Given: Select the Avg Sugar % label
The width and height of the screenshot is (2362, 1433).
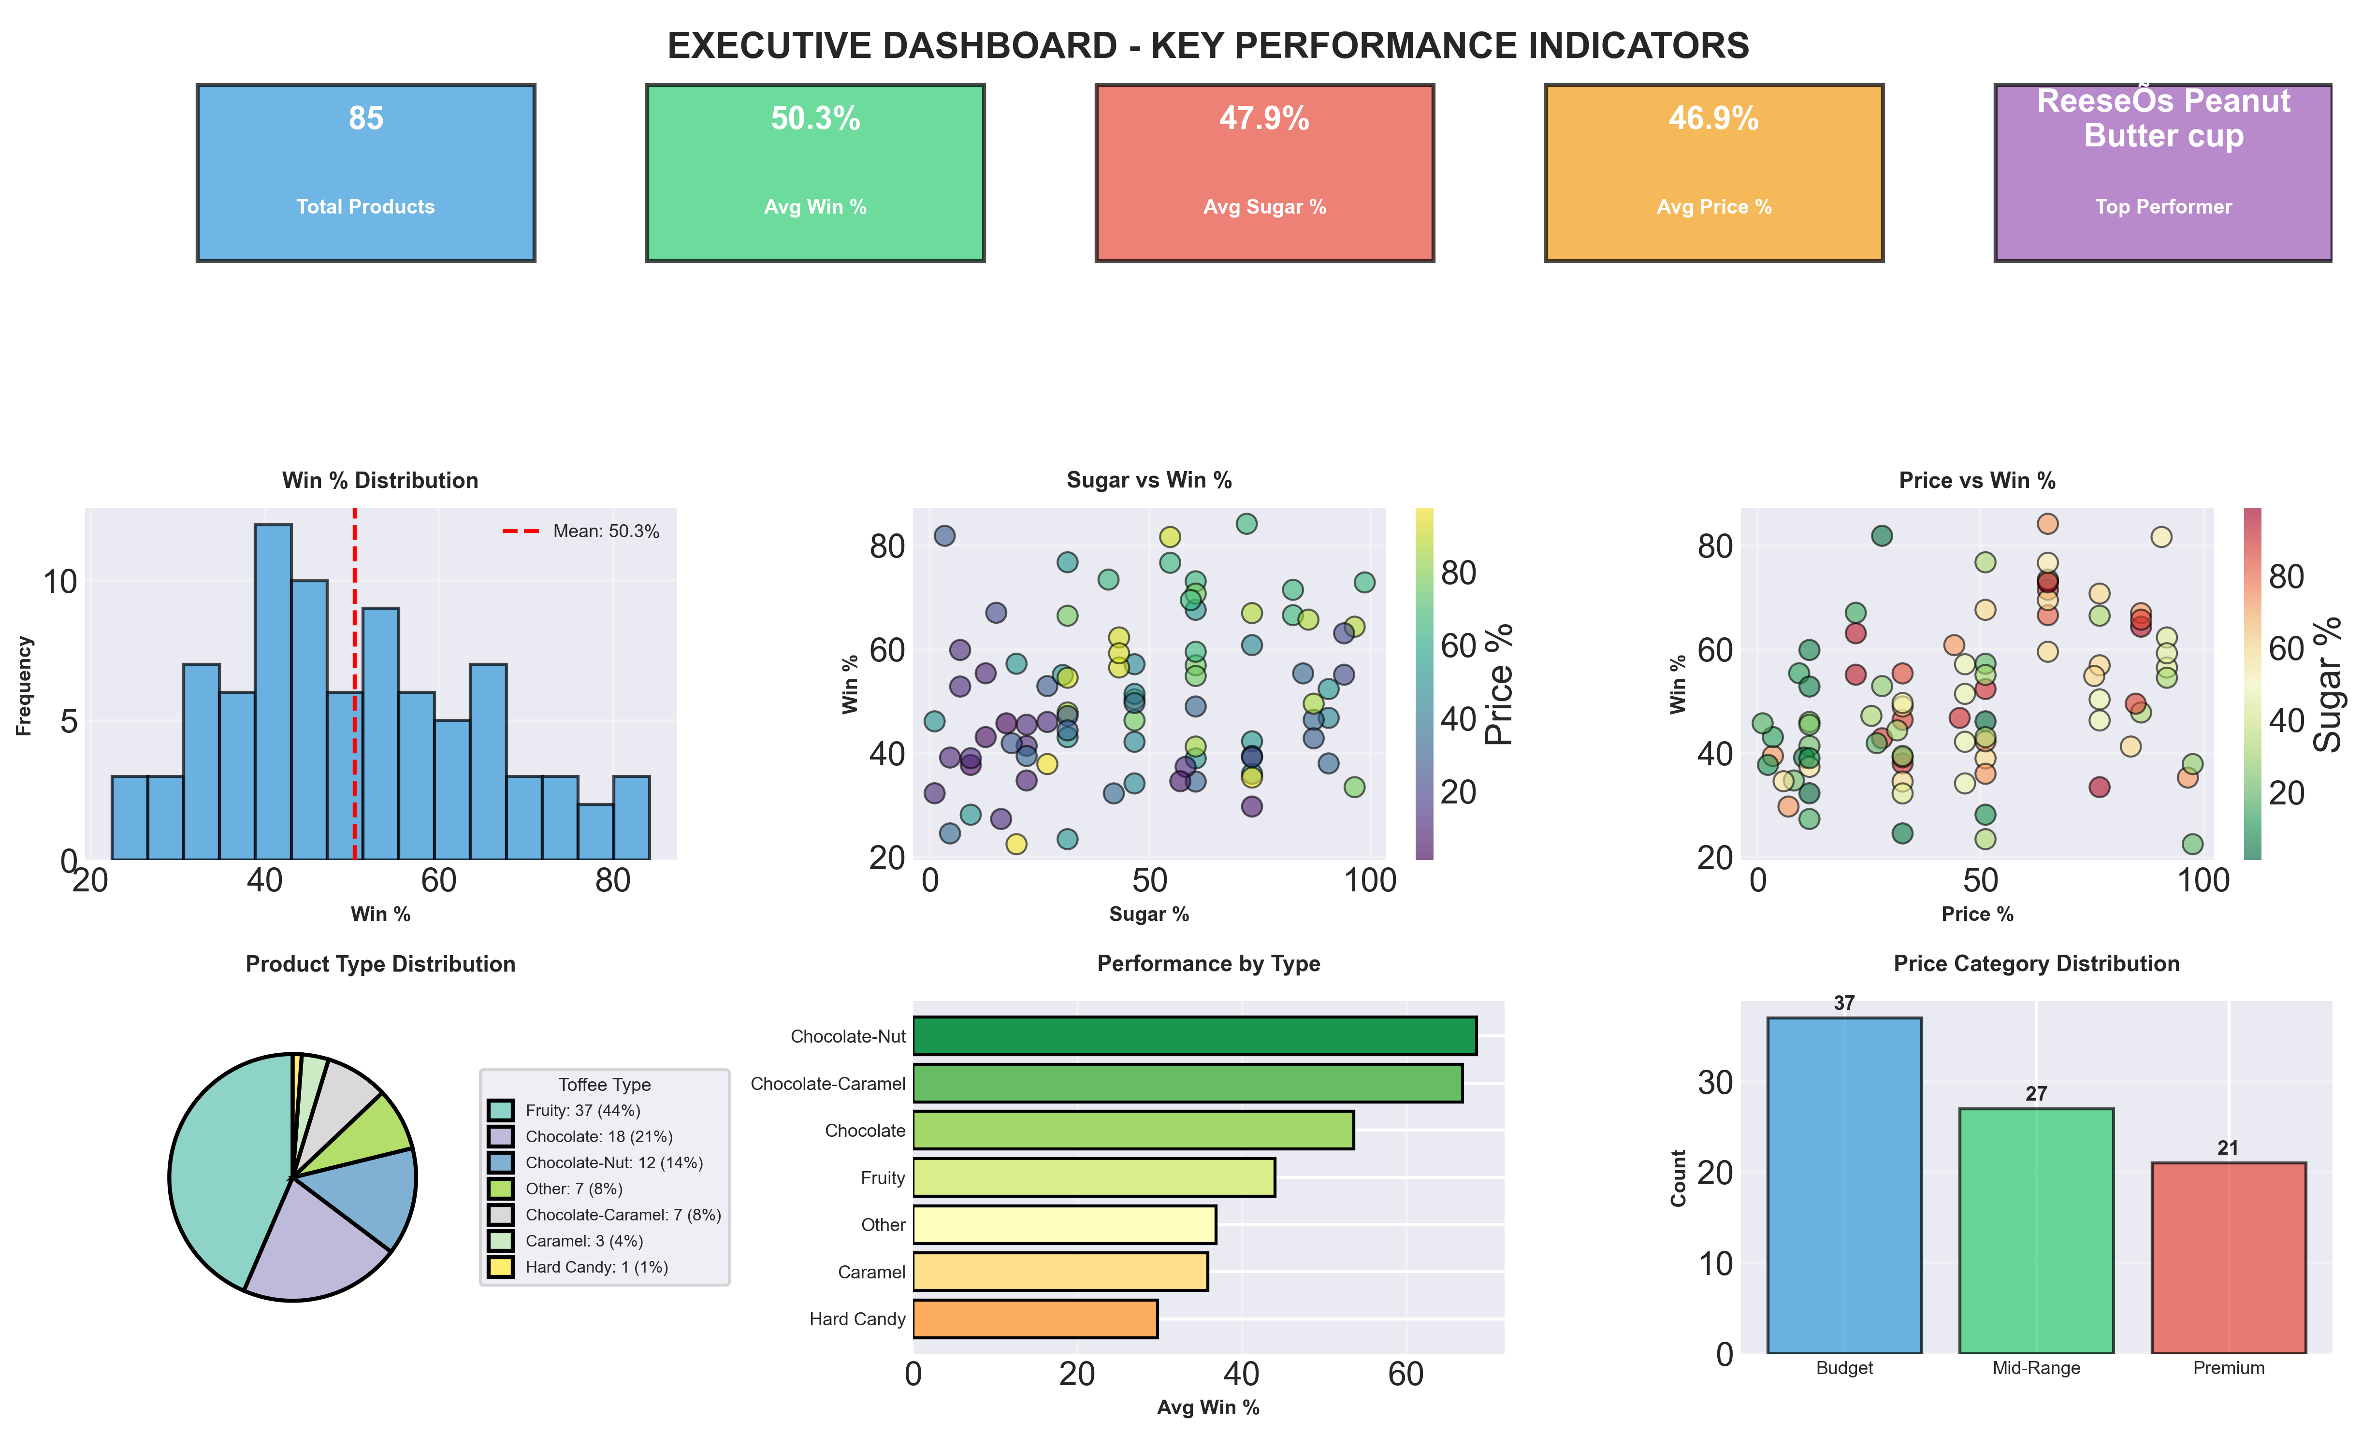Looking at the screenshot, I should (x=1264, y=207).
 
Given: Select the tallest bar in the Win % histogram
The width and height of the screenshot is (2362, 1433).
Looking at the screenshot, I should (x=273, y=690).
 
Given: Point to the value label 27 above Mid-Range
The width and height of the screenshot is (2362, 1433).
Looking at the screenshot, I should (x=2036, y=1094).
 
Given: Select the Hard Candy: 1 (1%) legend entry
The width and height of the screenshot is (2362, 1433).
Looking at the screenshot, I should (x=596, y=1267).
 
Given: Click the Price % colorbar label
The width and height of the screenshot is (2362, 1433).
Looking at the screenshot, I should (x=1498, y=684).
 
